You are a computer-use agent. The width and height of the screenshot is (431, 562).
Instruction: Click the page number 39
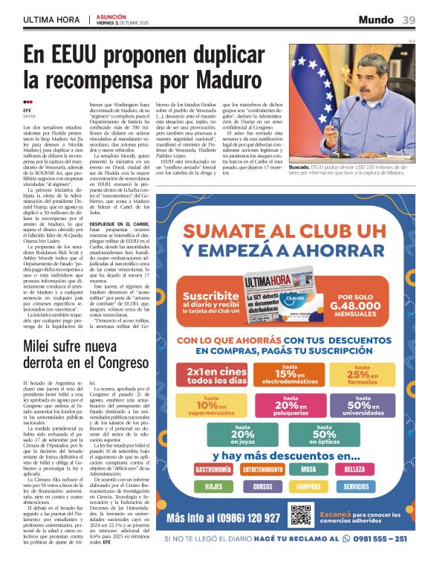tap(409, 19)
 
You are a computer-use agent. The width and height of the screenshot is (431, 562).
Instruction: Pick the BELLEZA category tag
tap(354, 470)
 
